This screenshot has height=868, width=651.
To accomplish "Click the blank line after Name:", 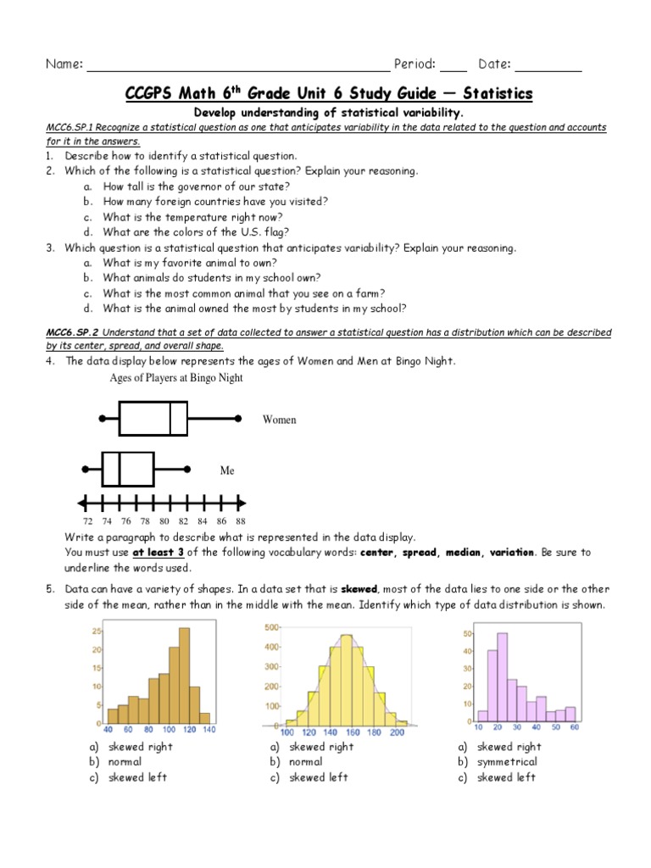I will tap(237, 65).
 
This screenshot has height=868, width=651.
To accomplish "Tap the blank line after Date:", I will tap(548, 65).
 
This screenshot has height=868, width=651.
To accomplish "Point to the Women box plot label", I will tap(279, 420).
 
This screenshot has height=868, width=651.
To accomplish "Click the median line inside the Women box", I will tap(170, 419).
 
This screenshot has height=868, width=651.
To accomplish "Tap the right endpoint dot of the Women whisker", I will tap(239, 419).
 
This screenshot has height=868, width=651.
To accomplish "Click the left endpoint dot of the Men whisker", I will tap(85, 469).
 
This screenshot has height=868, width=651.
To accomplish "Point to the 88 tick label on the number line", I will tap(241, 520).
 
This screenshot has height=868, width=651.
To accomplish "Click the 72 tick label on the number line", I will tap(87, 520).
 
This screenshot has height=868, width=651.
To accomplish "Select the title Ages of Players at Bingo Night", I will tap(176, 378).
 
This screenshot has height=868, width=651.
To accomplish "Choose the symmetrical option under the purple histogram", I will tap(506, 762).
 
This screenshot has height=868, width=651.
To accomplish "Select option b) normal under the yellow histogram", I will tap(305, 762).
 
